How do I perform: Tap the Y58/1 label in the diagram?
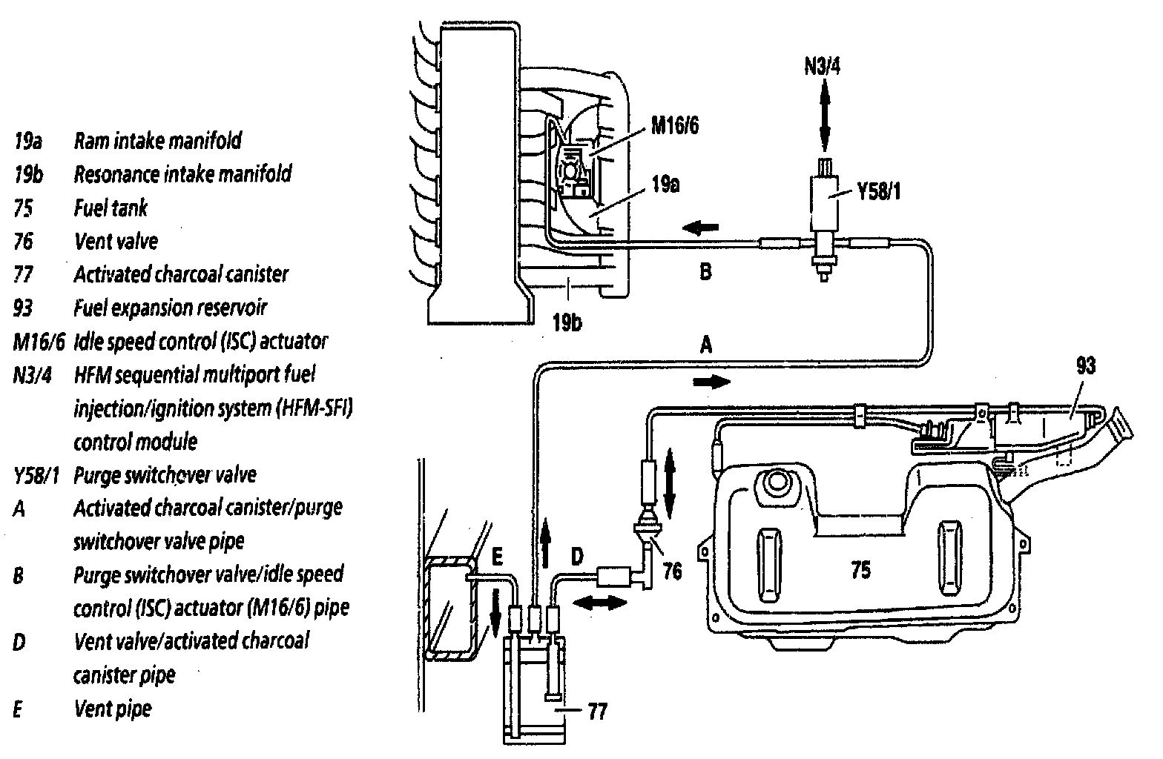coord(880,193)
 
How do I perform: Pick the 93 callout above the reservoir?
coord(1084,365)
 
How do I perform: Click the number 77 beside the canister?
coord(597,712)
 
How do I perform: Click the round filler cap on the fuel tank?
coord(775,483)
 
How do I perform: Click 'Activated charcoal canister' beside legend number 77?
coord(180,274)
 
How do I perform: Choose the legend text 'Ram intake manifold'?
coord(157,140)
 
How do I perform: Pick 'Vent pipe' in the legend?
coord(113,709)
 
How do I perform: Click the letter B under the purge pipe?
coord(705,271)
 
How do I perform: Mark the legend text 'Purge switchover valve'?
coord(165,474)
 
